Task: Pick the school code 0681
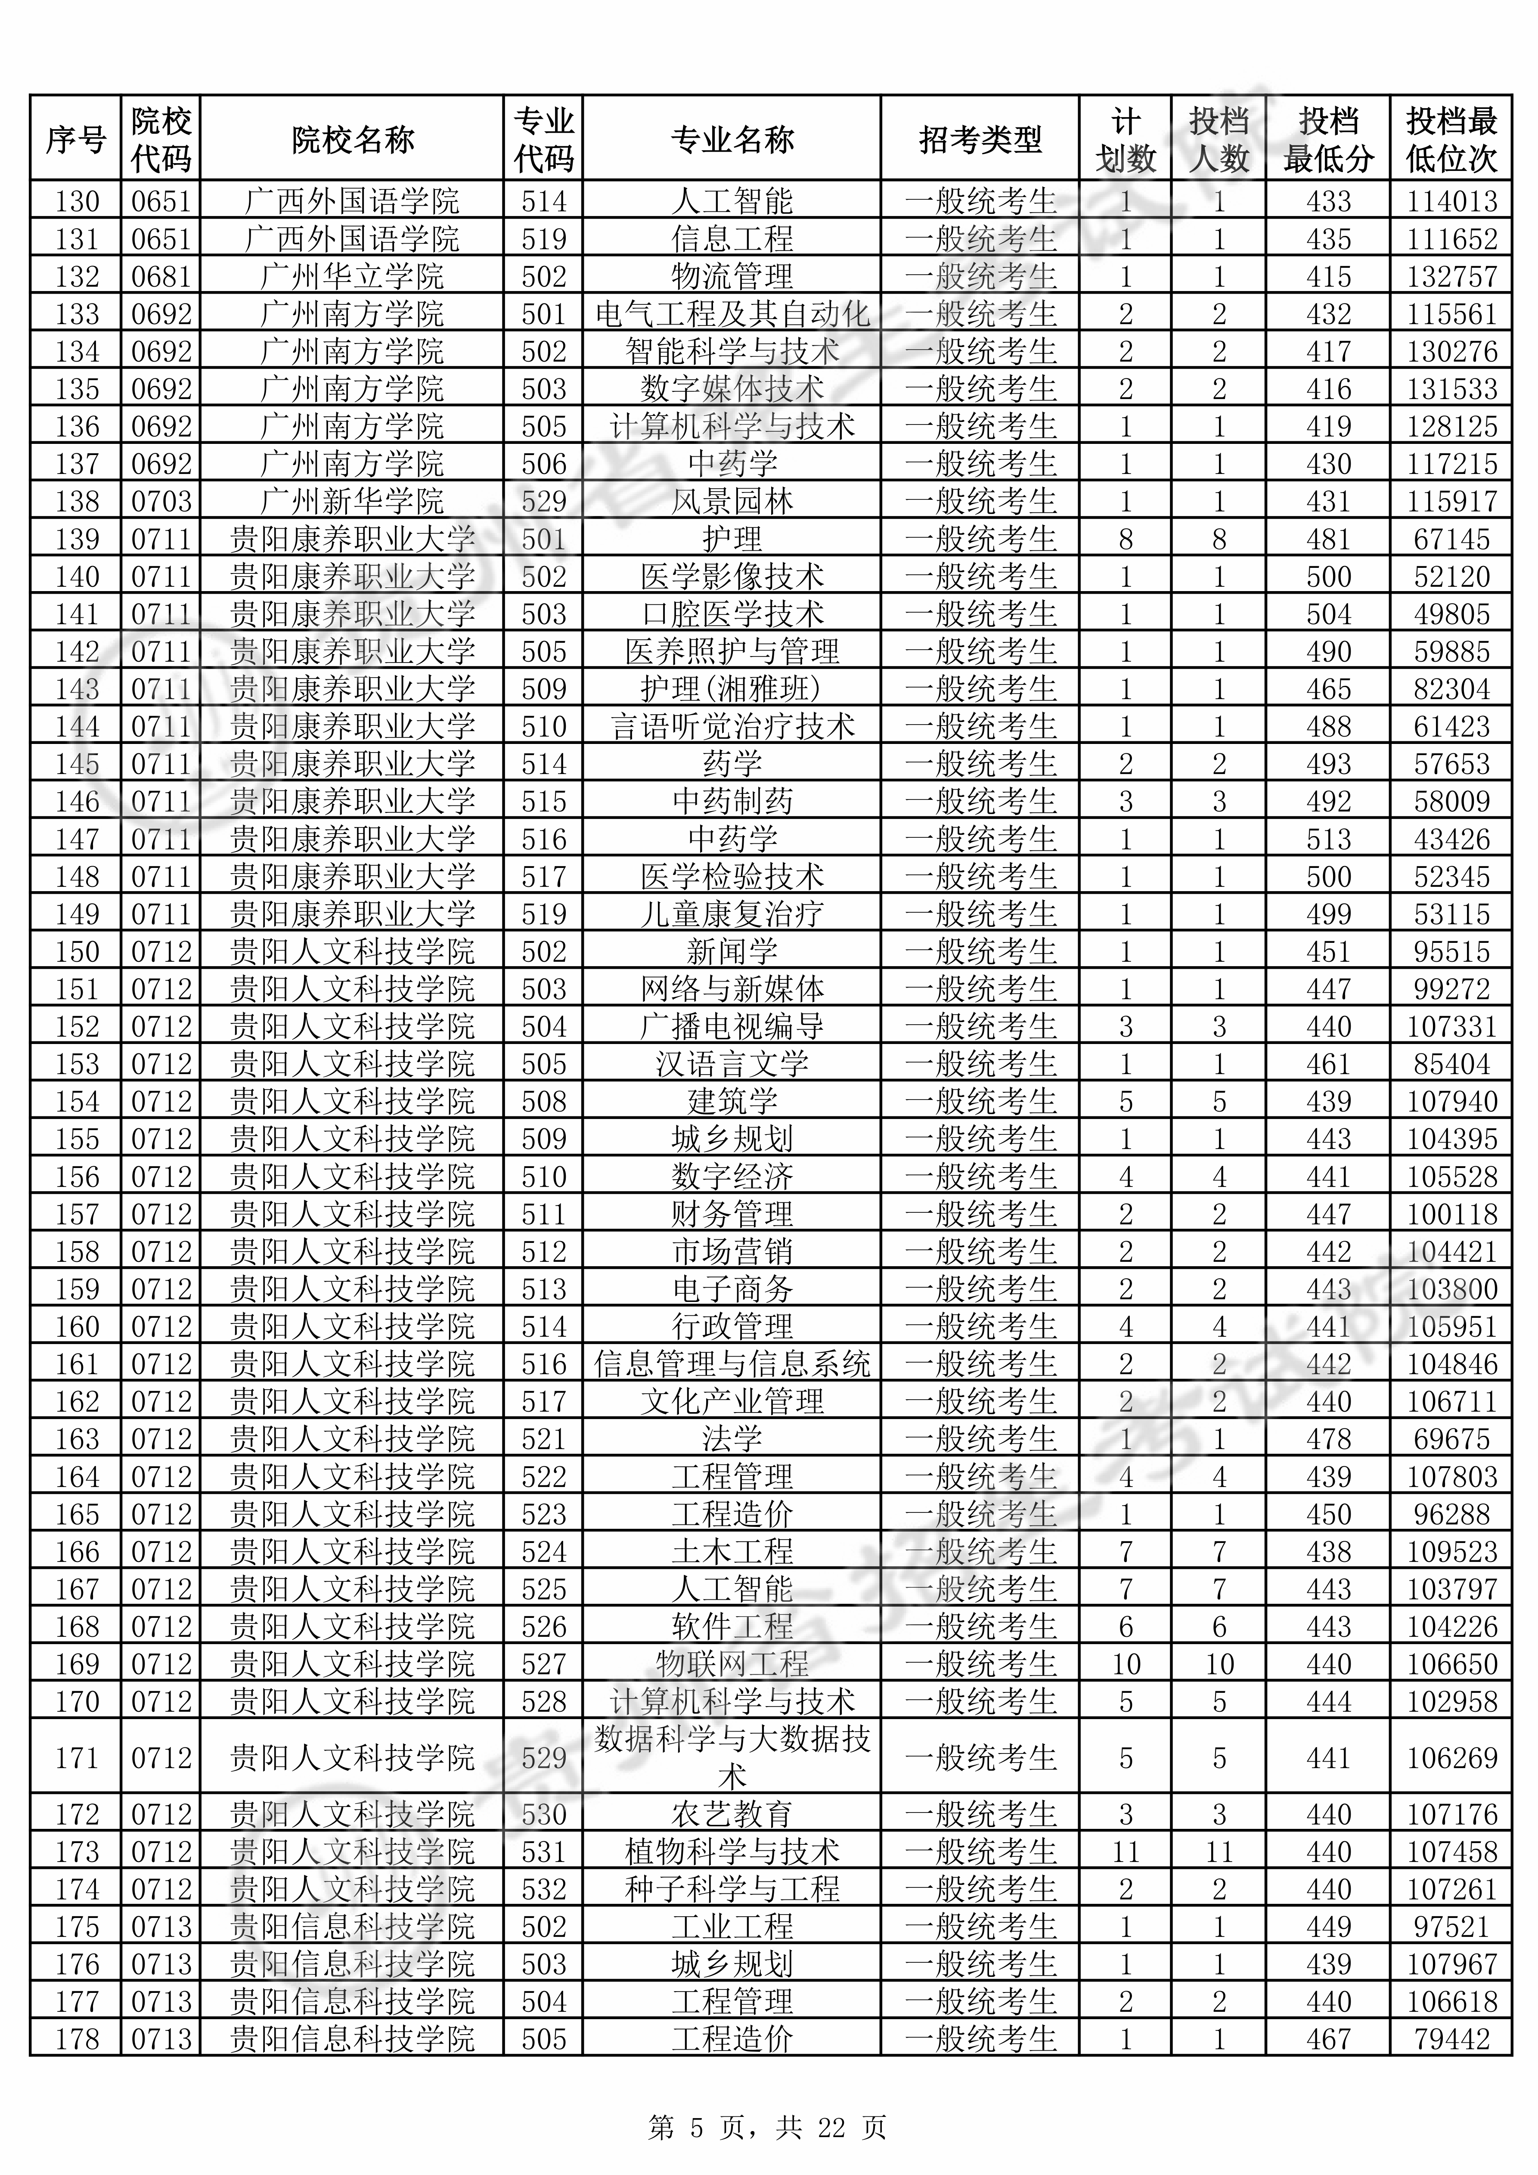point(161,277)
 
